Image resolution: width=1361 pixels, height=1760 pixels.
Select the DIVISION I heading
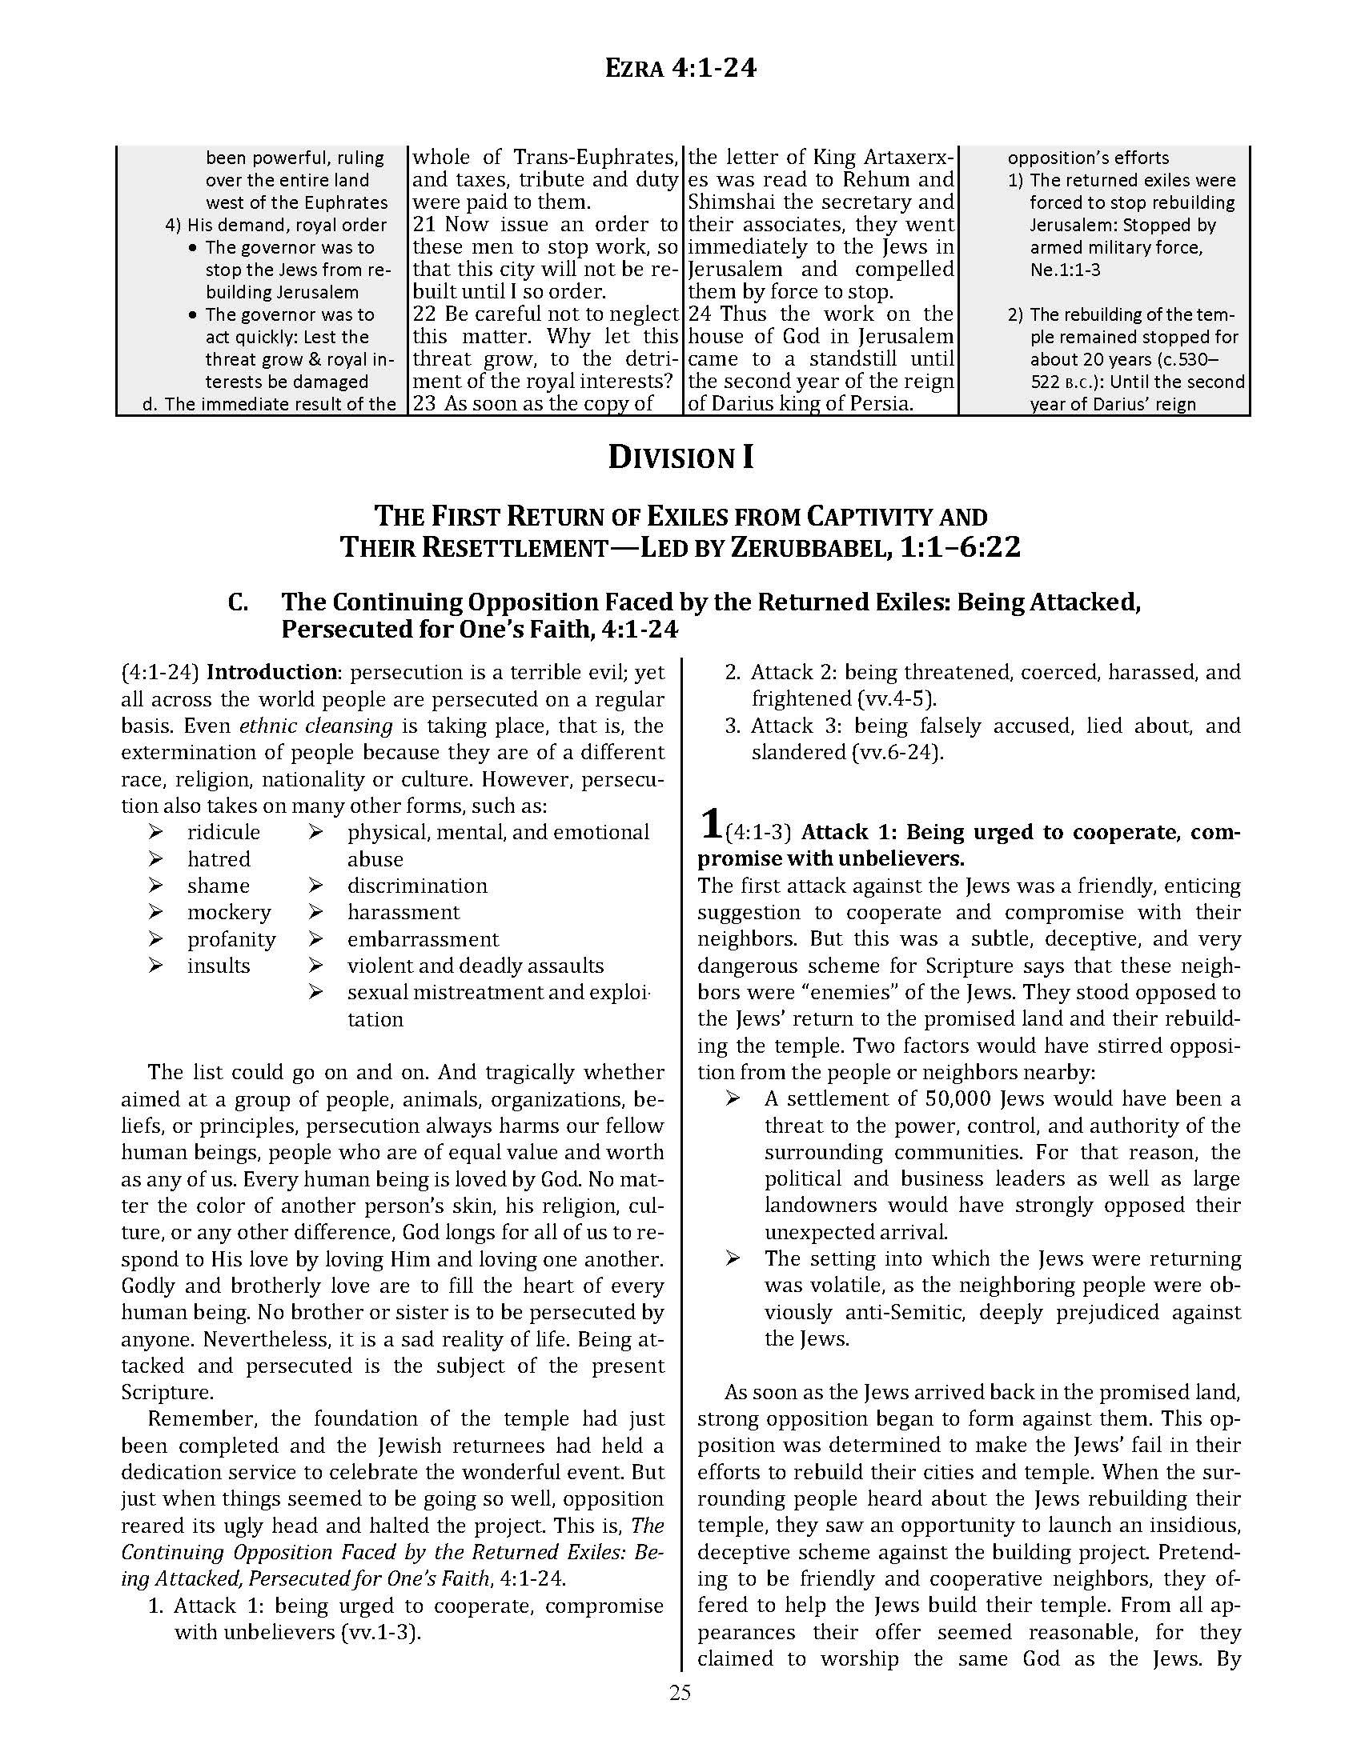pyautogui.click(x=680, y=458)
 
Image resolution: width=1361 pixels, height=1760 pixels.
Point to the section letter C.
pyautogui.click(x=238, y=602)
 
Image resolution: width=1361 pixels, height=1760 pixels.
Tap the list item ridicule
pyautogui.click(x=223, y=833)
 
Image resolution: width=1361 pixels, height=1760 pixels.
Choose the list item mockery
pyautogui.click(x=229, y=912)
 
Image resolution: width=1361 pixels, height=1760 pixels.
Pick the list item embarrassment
pyautogui.click(x=423, y=940)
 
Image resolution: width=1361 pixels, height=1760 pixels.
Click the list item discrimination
pyautogui.click(x=417, y=886)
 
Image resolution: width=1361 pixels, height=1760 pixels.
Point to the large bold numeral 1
pyautogui.click(x=709, y=823)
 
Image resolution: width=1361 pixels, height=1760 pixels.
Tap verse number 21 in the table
pyautogui.click(x=425, y=225)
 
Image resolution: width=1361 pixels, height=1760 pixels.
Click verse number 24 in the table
pyautogui.click(x=701, y=314)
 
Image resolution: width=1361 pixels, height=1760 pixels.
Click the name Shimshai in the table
pyautogui.click(x=729, y=202)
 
